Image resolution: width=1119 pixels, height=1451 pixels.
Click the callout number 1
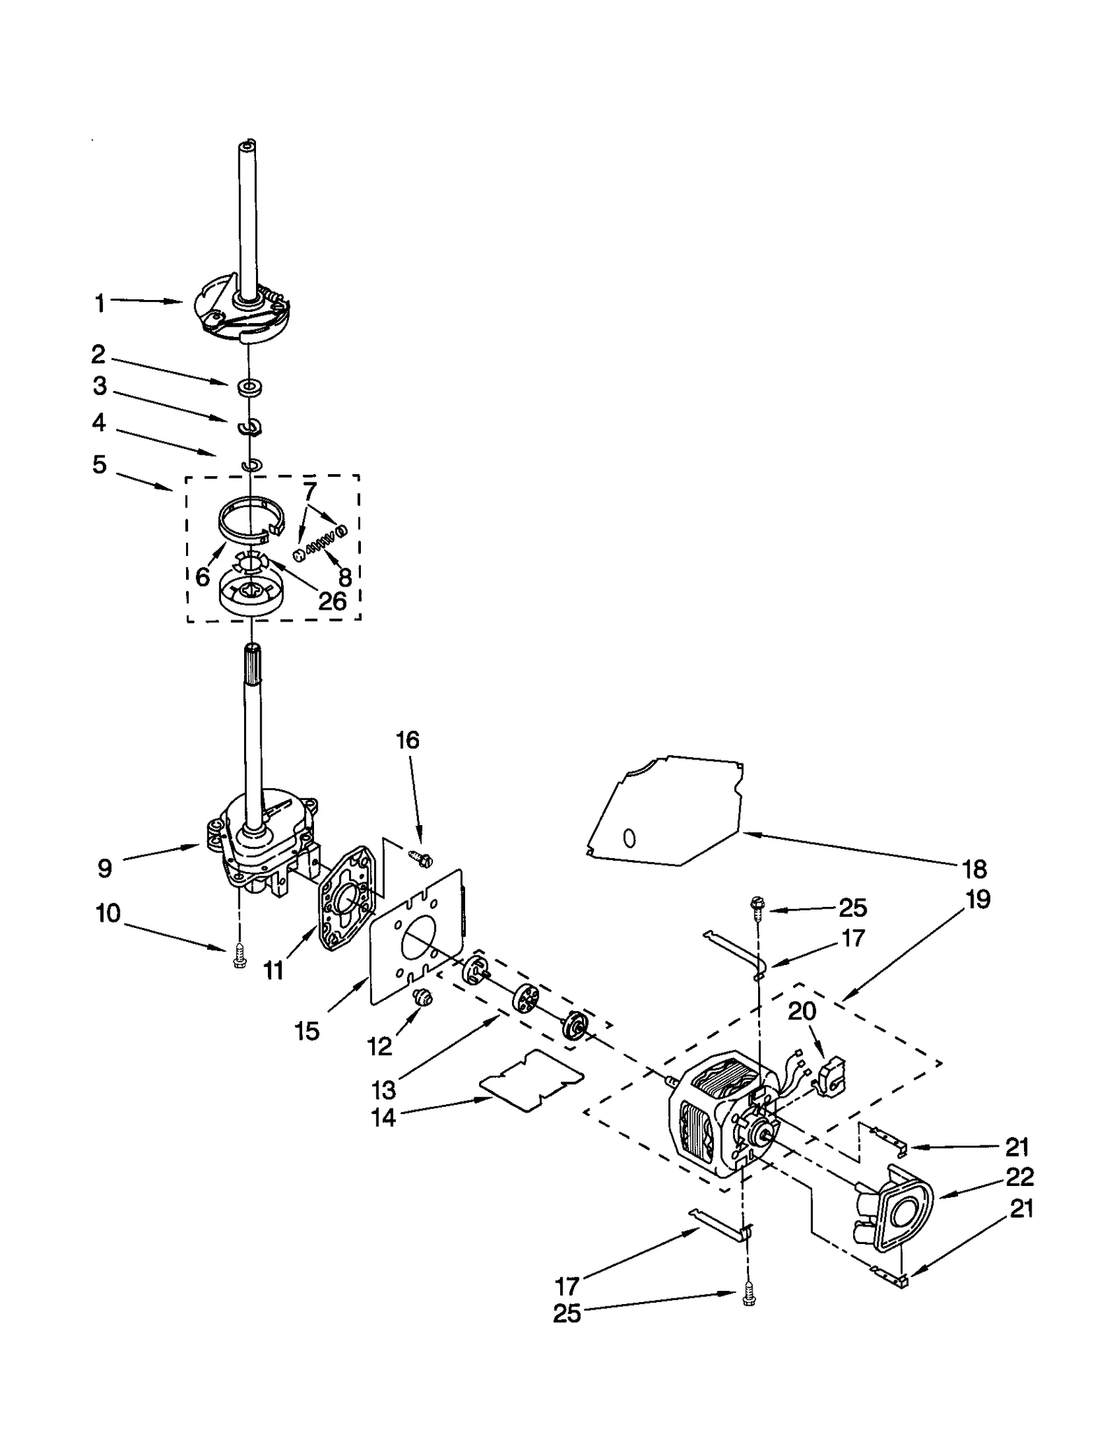100,303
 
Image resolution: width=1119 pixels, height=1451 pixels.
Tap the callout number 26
332,601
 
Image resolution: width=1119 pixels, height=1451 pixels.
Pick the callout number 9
104,868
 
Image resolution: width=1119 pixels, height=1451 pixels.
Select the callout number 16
408,740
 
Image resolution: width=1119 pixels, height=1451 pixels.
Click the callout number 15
307,1031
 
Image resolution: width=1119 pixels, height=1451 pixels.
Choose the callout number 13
384,1089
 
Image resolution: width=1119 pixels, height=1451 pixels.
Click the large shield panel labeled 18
664,811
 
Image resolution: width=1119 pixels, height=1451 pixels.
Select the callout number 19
978,899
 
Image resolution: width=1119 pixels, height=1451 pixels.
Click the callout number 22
1018,1177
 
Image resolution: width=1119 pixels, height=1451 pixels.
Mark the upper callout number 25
853,908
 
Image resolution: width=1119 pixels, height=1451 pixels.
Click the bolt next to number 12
422,999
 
